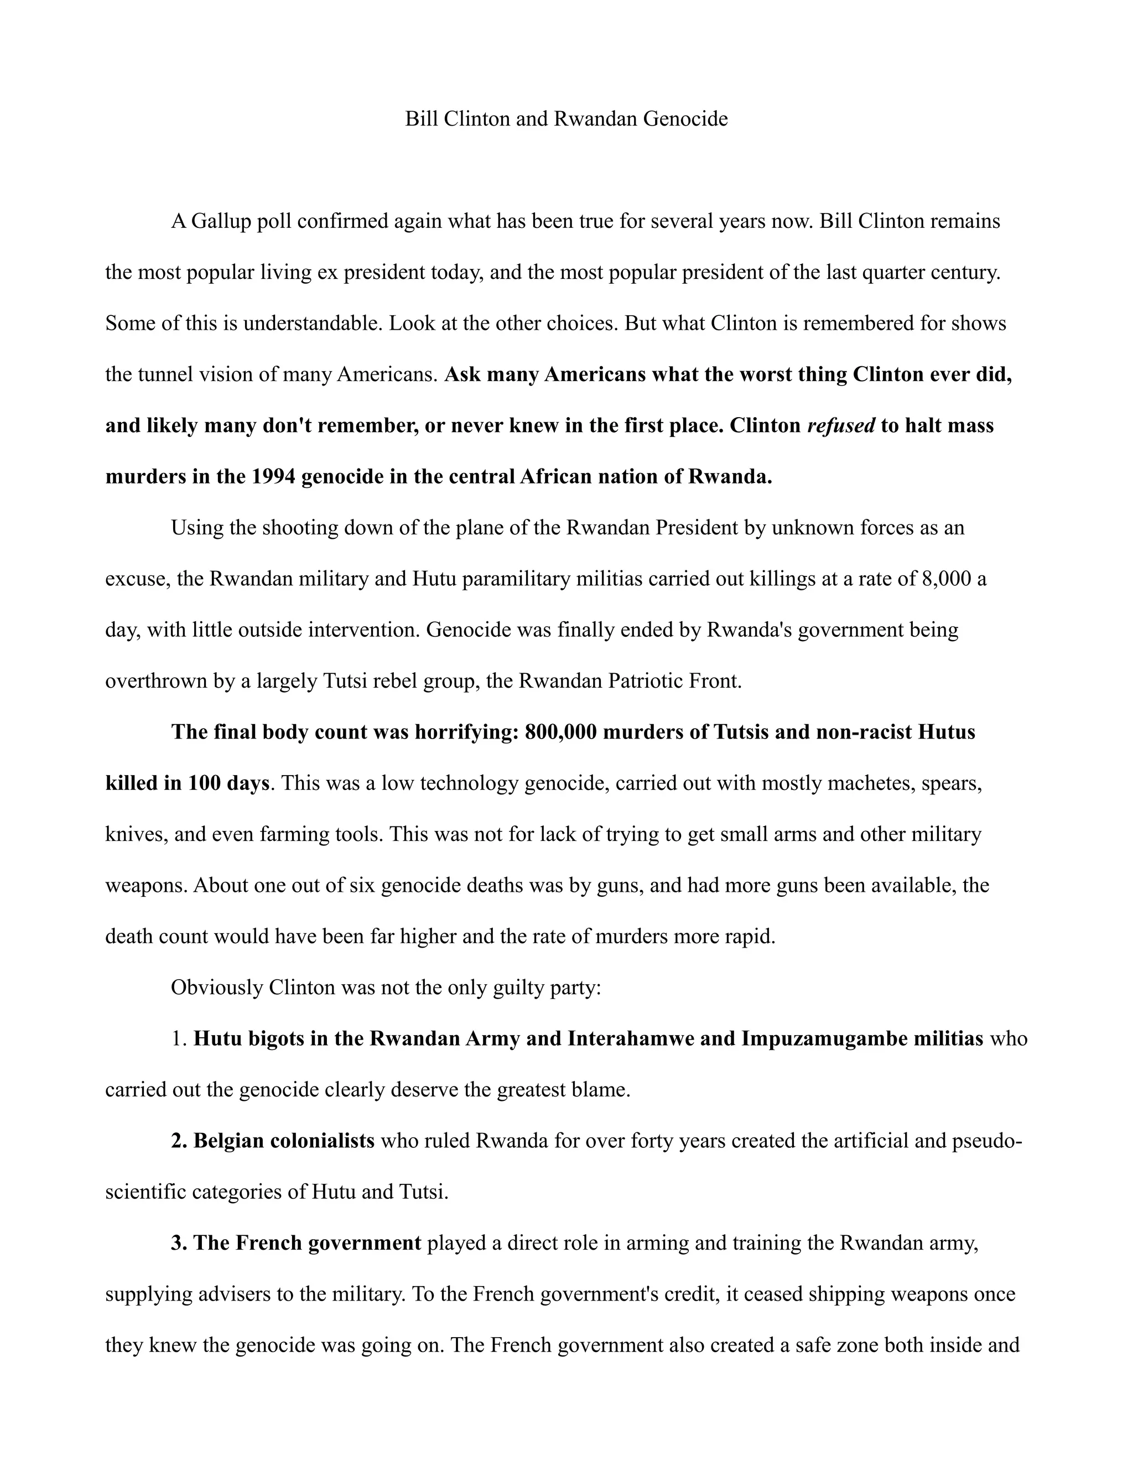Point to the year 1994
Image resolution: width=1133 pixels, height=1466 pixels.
coord(274,476)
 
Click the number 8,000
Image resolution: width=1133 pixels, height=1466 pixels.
coord(947,579)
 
